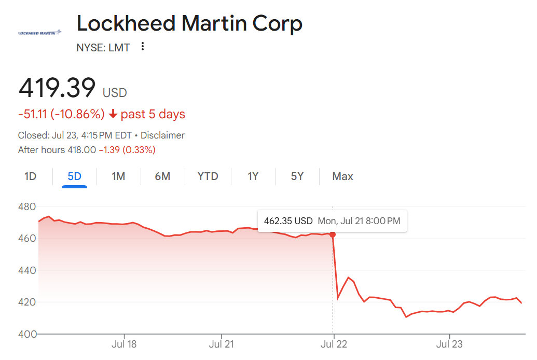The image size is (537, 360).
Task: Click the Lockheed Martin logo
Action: pyautogui.click(x=39, y=33)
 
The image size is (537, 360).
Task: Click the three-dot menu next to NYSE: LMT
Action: pyautogui.click(x=143, y=47)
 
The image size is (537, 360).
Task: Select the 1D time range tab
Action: pyautogui.click(x=31, y=176)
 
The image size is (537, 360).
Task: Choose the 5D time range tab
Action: pyautogui.click(x=74, y=176)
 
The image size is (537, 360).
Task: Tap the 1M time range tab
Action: pyautogui.click(x=118, y=176)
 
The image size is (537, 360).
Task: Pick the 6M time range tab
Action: pyautogui.click(x=162, y=176)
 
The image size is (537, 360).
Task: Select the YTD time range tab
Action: pyautogui.click(x=208, y=176)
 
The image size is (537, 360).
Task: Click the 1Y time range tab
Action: pyautogui.click(x=253, y=176)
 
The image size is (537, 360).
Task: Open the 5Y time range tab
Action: pyautogui.click(x=297, y=176)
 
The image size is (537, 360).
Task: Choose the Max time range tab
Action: pyautogui.click(x=342, y=176)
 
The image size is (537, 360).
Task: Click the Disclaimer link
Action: pyautogui.click(x=162, y=135)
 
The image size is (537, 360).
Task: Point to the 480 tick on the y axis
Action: pyautogui.click(x=27, y=207)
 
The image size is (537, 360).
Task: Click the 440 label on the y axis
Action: pyautogui.click(x=27, y=270)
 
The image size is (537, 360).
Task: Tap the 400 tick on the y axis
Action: pyautogui.click(x=27, y=334)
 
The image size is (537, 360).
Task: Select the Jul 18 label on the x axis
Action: pyautogui.click(x=125, y=344)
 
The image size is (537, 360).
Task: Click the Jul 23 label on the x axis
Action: pyautogui.click(x=449, y=344)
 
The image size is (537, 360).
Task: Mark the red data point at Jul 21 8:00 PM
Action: pyautogui.click(x=333, y=234)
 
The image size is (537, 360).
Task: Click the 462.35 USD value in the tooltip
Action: pyautogui.click(x=288, y=221)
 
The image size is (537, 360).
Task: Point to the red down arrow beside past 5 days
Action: pyautogui.click(x=113, y=114)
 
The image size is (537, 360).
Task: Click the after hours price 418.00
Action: pyautogui.click(x=81, y=150)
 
